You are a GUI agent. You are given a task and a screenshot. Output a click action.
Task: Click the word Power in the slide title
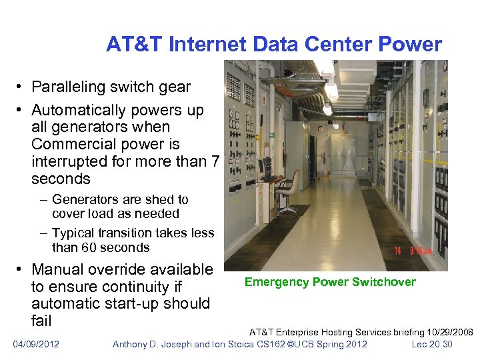click(x=412, y=45)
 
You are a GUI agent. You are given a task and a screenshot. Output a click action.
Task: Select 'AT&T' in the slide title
click(x=135, y=45)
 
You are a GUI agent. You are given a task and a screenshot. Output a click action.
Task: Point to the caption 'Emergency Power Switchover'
click(x=330, y=282)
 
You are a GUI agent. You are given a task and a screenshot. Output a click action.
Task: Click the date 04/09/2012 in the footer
click(x=36, y=344)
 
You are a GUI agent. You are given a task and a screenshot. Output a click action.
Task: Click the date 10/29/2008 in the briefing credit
click(x=449, y=332)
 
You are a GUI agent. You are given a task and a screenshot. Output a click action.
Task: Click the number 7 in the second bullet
click(x=215, y=161)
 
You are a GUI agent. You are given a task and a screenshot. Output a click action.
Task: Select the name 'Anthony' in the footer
click(x=133, y=344)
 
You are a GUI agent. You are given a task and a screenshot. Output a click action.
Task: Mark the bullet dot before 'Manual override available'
click(x=21, y=270)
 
